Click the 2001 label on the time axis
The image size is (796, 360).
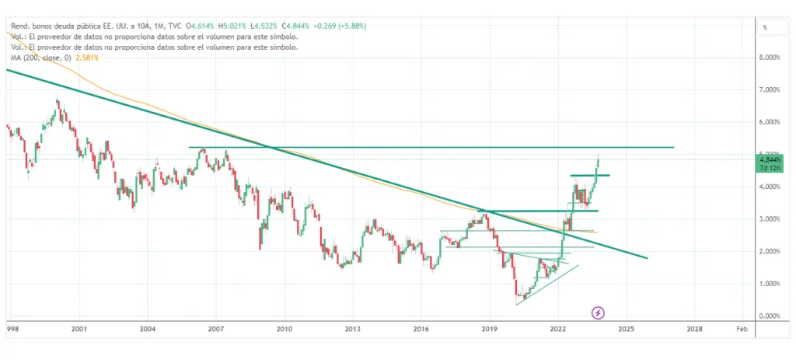tap(78, 330)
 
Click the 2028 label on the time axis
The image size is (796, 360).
tap(695, 330)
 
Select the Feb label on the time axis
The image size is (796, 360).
tap(742, 330)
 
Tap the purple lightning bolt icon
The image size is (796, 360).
tap(598, 313)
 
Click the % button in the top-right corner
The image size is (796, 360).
tap(766, 27)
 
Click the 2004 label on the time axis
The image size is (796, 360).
tap(147, 330)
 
